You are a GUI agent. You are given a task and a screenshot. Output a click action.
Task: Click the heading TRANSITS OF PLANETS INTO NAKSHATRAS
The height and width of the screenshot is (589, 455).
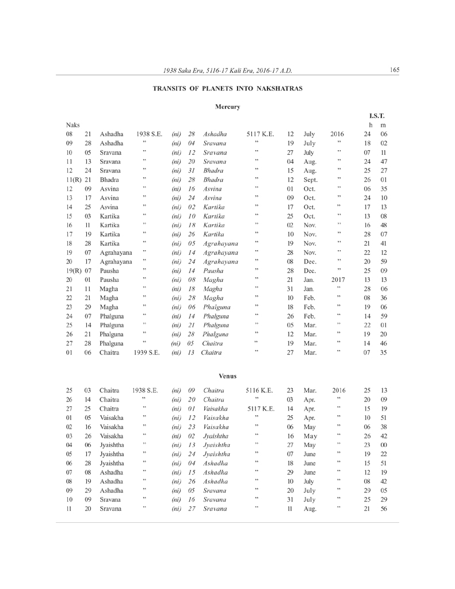click(227, 89)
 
